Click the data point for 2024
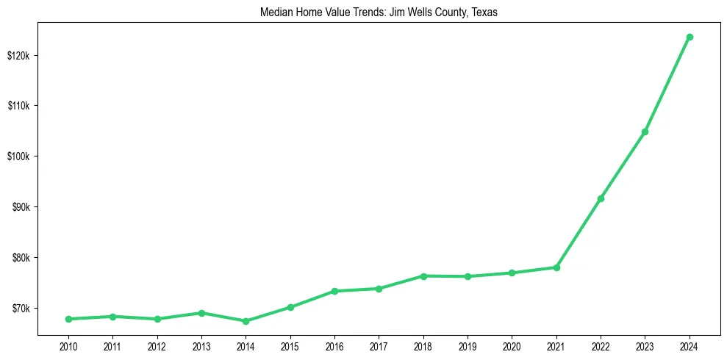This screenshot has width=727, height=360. pyautogui.click(x=690, y=37)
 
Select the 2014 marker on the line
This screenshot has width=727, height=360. pyautogui.click(x=246, y=321)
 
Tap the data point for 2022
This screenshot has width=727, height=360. pyautogui.click(x=601, y=198)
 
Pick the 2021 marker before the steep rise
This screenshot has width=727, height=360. pyautogui.click(x=556, y=267)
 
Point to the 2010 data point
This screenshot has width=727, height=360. pyautogui.click(x=68, y=319)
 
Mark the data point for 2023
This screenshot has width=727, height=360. pyautogui.click(x=645, y=132)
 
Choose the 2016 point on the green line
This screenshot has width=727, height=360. pyautogui.click(x=334, y=291)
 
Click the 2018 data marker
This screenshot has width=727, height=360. pyautogui.click(x=423, y=276)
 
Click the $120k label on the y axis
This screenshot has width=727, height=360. pyautogui.click(x=18, y=56)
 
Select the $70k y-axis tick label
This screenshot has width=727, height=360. pyautogui.click(x=20, y=308)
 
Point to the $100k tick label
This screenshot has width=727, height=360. pyautogui.click(x=18, y=156)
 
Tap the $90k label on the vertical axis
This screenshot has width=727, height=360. pyautogui.click(x=20, y=207)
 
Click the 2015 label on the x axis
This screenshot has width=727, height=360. pyautogui.click(x=290, y=346)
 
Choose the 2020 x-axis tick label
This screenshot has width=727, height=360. pyautogui.click(x=512, y=346)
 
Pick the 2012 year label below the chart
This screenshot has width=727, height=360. pyautogui.click(x=157, y=346)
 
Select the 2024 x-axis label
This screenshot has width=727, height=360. pyautogui.click(x=690, y=346)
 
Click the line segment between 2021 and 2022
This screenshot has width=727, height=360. pyautogui.click(x=579, y=233)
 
